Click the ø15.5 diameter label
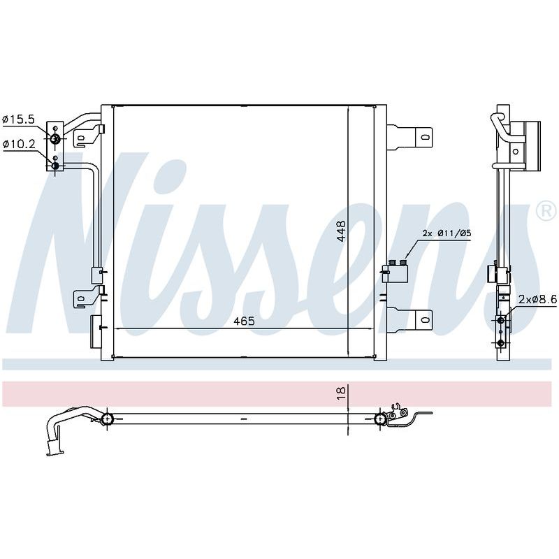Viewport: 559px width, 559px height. (19, 119)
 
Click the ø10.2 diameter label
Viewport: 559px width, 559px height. (19, 145)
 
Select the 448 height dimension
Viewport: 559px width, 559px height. (341, 231)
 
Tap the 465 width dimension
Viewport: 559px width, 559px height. (244, 321)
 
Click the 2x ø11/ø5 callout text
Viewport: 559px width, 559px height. (447, 233)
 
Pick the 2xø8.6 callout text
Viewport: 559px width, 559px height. (537, 300)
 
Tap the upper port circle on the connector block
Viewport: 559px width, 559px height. (55, 138)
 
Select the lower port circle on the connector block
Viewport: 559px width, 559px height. (55, 166)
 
